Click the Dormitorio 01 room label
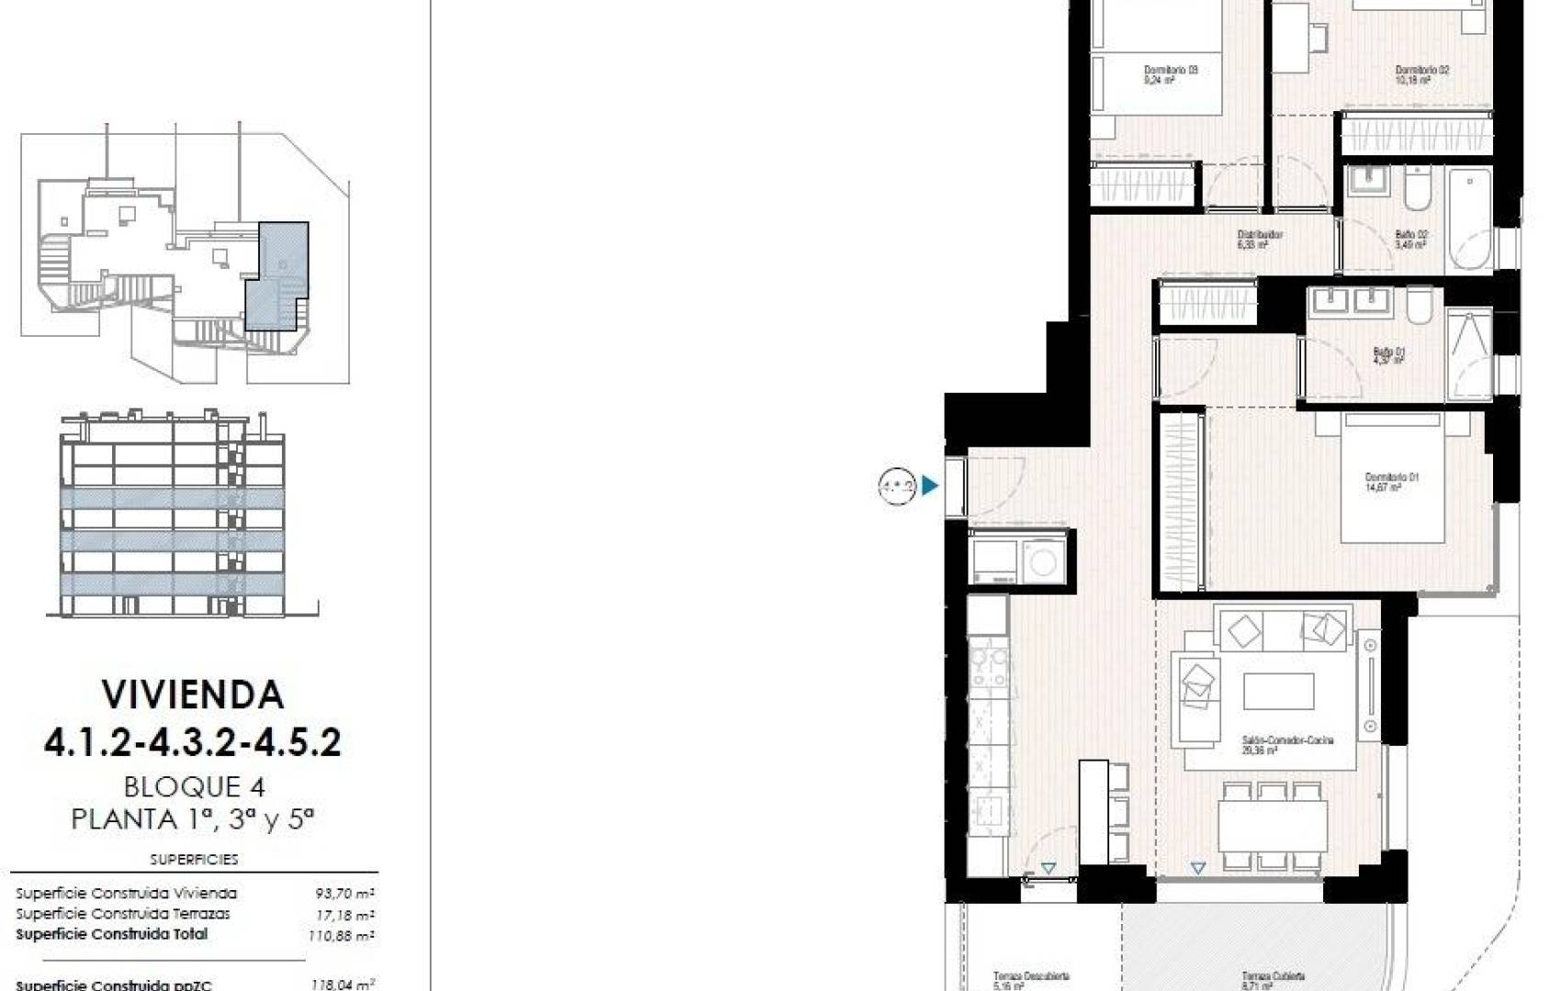click(1391, 477)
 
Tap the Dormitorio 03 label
click(1170, 70)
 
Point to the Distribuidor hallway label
click(1259, 235)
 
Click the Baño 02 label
click(1410, 235)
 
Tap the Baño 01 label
click(1388, 351)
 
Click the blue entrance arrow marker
click(930, 485)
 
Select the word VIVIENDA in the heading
click(193, 695)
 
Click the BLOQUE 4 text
click(195, 787)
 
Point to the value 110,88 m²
click(341, 936)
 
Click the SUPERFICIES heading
click(194, 860)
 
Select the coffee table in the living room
click(1278, 691)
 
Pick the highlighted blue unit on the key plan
click(278, 275)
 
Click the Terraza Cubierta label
click(1273, 977)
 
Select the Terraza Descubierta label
click(1030, 977)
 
